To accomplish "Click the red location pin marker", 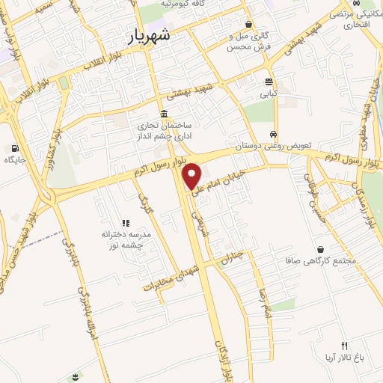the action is click(192, 176).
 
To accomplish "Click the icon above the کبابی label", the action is click(268, 82).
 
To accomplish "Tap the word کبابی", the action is click(268, 95).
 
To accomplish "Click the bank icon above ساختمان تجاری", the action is click(163, 112).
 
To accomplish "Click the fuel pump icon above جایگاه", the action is click(14, 148).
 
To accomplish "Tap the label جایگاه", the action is click(14, 160).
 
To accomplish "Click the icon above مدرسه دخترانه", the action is click(126, 223).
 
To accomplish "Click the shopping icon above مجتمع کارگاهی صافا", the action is click(320, 249).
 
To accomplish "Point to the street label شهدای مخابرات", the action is click(173, 276).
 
